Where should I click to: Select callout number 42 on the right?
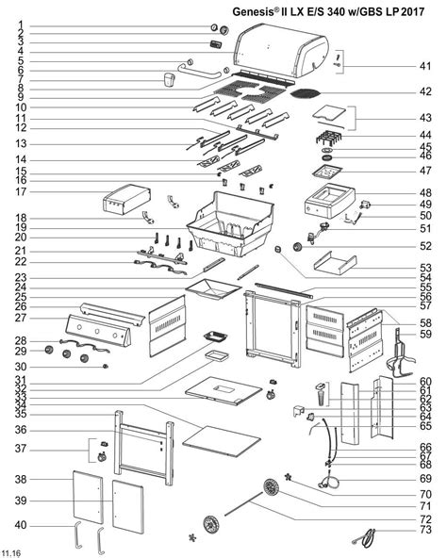tap(425, 92)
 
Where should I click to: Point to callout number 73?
tap(425, 531)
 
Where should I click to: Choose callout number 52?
tap(425, 246)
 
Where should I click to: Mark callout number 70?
tap(425, 493)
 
